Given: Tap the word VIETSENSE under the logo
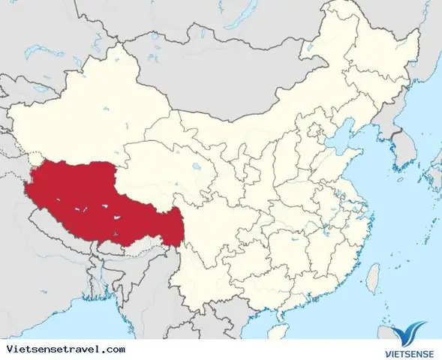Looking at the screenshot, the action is [x=406, y=350].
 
